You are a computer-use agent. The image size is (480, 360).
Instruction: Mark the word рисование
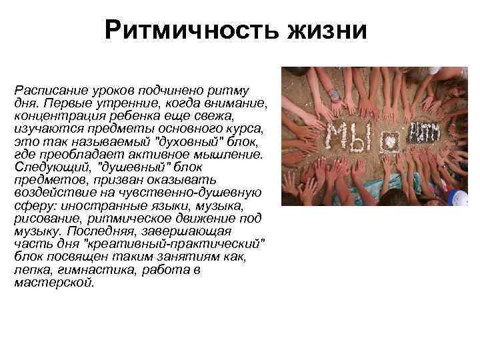pyautogui.click(x=46, y=220)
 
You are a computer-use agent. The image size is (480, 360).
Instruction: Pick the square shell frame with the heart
pyautogui.click(x=390, y=142)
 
